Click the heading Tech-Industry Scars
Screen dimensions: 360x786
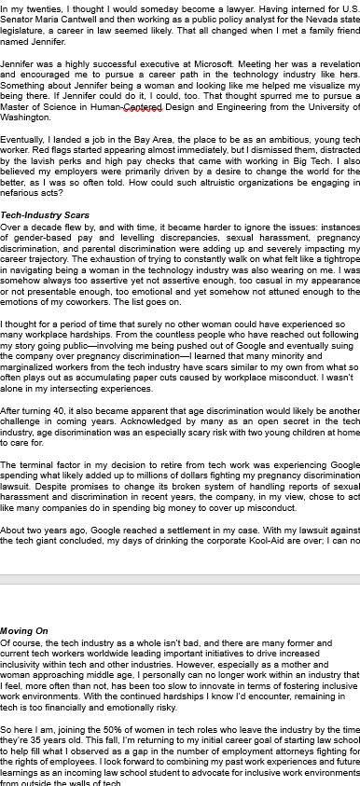point(45,215)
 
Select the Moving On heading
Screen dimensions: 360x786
point(24,631)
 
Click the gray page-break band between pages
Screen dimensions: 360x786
point(180,580)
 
